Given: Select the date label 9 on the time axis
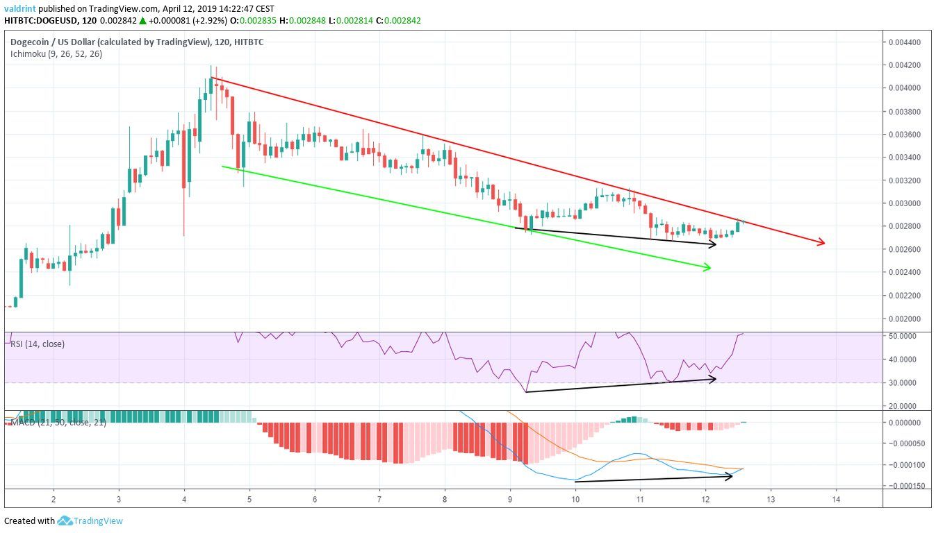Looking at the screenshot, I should tap(510, 499).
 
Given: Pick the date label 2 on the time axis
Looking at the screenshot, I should tap(54, 499).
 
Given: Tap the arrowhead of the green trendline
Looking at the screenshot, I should tap(708, 267).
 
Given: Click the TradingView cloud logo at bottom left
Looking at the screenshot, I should tap(65, 521).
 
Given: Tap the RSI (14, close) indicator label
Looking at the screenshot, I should tap(38, 344).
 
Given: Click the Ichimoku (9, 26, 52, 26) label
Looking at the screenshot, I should tap(56, 53).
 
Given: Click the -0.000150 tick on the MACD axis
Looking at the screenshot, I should tap(906, 485).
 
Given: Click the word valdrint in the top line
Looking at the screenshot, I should tap(20, 8).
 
